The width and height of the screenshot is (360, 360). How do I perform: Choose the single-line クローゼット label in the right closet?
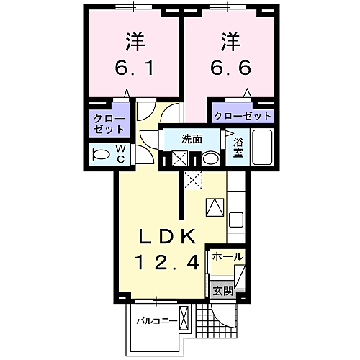pyautogui.click(x=242, y=116)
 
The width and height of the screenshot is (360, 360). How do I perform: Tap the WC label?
pyautogui.click(x=120, y=153)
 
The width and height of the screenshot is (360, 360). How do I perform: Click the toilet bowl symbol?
pyautogui.click(x=98, y=153)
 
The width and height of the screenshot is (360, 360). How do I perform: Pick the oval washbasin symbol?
pyautogui.click(x=211, y=158)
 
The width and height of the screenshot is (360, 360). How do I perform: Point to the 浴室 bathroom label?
pyautogui.click(x=238, y=148)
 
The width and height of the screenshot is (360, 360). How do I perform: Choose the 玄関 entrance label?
pyautogui.click(x=223, y=291)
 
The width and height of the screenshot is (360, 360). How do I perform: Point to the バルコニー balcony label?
pyautogui.click(x=158, y=320)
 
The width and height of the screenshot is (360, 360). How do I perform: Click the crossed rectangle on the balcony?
pyautogui.click(x=185, y=318)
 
